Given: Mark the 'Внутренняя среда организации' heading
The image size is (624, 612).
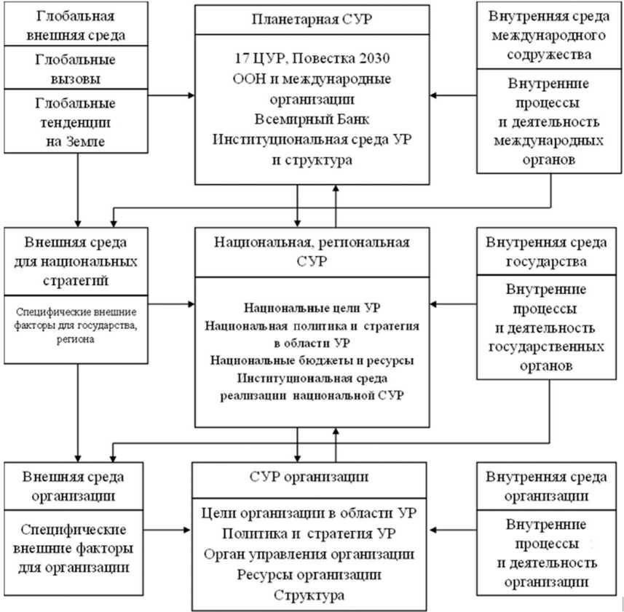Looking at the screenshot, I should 550,487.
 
